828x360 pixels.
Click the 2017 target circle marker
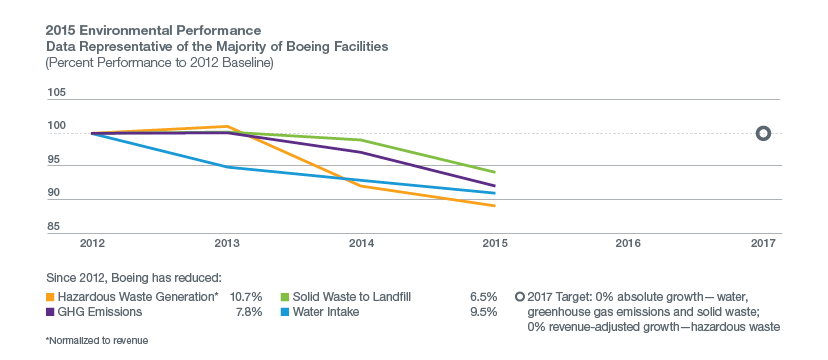[763, 133]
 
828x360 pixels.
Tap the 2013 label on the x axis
[227, 242]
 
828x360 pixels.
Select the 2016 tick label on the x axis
[628, 242]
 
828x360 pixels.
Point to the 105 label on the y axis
[57, 93]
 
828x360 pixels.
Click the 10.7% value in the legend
[246, 297]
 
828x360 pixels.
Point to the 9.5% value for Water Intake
[483, 312]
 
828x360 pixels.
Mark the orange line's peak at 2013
[228, 127]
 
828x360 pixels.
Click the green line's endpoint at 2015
[495, 173]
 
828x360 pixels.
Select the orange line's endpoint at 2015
[495, 206]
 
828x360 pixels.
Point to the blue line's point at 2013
[228, 167]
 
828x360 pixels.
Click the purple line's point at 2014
[361, 152]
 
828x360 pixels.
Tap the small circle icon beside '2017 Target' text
[519, 297]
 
